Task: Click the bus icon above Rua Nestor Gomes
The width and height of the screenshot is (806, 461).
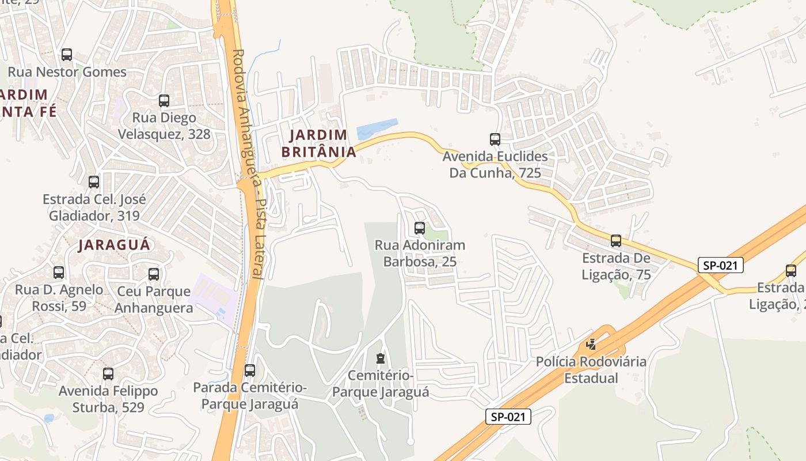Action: pyautogui.click(x=67, y=55)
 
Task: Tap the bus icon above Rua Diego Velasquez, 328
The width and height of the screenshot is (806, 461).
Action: pyautogui.click(x=164, y=101)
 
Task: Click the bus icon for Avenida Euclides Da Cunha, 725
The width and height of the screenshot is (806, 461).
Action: pyautogui.click(x=495, y=139)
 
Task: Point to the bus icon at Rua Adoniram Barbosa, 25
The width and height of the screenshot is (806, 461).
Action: pyautogui.click(x=420, y=228)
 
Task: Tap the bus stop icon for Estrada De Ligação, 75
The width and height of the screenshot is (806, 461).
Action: pyautogui.click(x=616, y=241)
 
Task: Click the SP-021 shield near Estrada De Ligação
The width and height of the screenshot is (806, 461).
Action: pyautogui.click(x=720, y=265)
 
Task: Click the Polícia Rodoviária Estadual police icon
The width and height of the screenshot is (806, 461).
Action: pyautogui.click(x=591, y=345)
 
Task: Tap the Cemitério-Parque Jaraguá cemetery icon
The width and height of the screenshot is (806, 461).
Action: pyautogui.click(x=380, y=358)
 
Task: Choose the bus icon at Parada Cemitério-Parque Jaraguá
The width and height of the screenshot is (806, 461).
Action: pyautogui.click(x=250, y=370)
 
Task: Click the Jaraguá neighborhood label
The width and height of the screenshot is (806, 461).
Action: pyautogui.click(x=114, y=244)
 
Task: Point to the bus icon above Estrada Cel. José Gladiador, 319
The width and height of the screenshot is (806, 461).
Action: pyautogui.click(x=94, y=182)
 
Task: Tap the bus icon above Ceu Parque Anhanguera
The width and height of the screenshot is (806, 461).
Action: pyautogui.click(x=154, y=274)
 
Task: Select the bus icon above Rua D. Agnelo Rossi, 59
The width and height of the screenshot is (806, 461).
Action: pyautogui.click(x=59, y=272)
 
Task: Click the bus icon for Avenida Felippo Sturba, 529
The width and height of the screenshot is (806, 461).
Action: pyautogui.click(x=108, y=373)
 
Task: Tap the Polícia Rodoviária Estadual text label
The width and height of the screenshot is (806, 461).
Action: pyautogui.click(x=591, y=370)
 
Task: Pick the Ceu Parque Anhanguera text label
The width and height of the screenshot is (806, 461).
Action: pyautogui.click(x=154, y=300)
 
